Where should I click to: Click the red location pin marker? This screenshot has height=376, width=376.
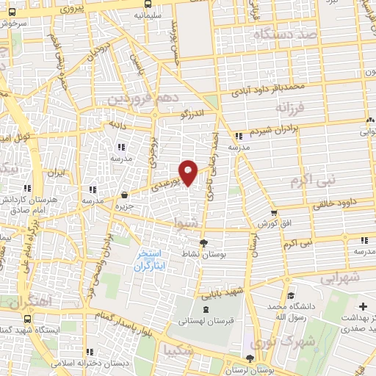pos(189,172)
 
